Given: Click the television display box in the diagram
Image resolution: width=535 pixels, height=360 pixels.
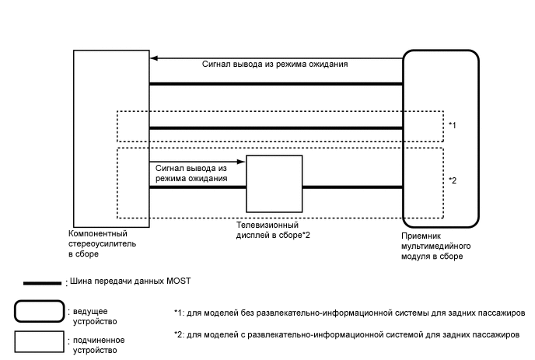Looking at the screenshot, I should [274, 183].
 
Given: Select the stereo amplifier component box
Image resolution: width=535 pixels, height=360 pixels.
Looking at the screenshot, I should [110, 137].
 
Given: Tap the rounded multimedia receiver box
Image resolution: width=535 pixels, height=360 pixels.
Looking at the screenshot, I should [439, 137].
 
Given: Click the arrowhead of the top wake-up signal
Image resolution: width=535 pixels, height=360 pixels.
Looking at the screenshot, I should [154, 58].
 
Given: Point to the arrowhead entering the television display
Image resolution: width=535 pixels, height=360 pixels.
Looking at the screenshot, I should [243, 163].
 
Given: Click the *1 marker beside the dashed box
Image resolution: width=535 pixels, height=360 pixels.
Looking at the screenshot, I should [453, 125].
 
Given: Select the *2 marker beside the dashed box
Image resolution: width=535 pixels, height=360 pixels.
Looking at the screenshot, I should [453, 180].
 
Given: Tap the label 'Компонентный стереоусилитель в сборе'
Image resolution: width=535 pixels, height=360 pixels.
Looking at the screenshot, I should [98, 243].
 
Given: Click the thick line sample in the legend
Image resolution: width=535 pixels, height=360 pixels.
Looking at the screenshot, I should [43, 282].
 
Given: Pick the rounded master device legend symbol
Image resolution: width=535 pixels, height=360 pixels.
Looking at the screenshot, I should [39, 311].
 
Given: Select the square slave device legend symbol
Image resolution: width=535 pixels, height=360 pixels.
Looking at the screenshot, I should [39, 341].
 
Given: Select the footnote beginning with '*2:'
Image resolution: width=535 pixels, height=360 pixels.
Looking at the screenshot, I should [347, 335].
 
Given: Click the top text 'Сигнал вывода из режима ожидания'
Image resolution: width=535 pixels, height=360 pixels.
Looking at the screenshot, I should [275, 65].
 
